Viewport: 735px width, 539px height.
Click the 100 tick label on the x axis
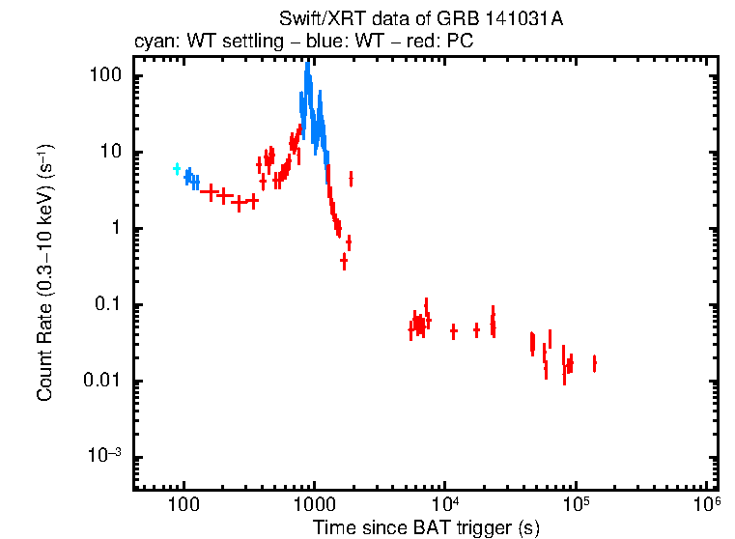click(x=182, y=504)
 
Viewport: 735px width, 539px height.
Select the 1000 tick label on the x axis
click(x=313, y=504)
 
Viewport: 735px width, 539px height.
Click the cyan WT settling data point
click(x=177, y=169)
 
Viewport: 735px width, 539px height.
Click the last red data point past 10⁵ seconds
click(x=594, y=363)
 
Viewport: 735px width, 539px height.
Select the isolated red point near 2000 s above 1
click(x=351, y=178)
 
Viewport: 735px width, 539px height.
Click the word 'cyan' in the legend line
click(x=151, y=43)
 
